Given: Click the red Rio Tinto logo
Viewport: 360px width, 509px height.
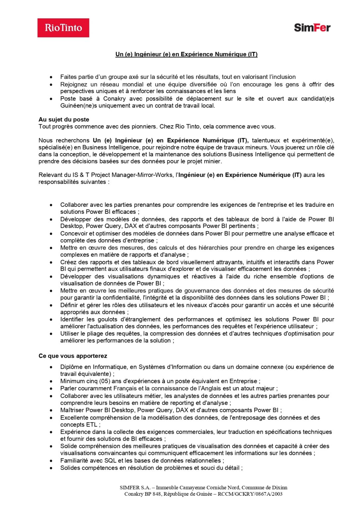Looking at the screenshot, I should coord(63,28).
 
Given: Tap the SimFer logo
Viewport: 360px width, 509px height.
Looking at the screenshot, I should coord(312,28).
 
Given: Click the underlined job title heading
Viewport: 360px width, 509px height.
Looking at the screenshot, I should coord(186,54).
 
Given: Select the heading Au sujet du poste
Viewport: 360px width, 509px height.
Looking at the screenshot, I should coord(64,120).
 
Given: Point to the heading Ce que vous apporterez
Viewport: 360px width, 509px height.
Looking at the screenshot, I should coord(73,356).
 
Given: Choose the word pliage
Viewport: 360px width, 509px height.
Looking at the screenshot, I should coord(95,334).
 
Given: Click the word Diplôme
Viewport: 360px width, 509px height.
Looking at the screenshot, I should coord(72,367).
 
